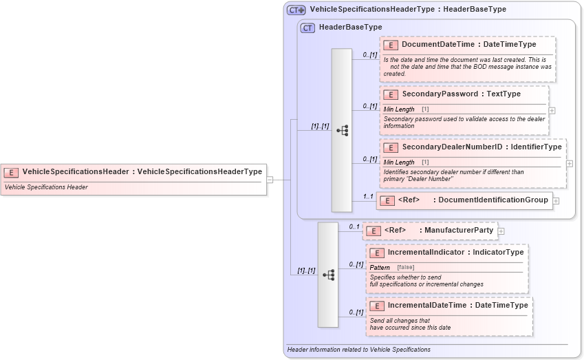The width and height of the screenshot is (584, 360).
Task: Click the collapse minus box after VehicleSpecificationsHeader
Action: coord(270,180)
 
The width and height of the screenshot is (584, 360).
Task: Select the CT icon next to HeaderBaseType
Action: coord(308,28)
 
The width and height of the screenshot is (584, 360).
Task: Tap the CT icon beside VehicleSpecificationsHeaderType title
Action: coord(296,10)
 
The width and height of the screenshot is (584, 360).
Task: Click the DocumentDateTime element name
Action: coord(437,44)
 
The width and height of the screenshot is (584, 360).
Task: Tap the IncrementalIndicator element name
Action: coord(426,252)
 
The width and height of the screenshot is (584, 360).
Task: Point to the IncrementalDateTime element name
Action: coord(428,305)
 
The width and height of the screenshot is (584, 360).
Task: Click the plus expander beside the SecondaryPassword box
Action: coord(552,110)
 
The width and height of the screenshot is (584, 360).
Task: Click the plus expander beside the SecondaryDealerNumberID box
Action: coord(570,164)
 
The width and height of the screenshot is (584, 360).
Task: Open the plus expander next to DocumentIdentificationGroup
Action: coord(556,201)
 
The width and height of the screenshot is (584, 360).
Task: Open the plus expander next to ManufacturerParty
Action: coord(501,231)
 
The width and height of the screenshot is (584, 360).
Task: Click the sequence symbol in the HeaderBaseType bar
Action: coord(342,130)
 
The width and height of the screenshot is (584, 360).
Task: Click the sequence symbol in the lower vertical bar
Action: coord(328,275)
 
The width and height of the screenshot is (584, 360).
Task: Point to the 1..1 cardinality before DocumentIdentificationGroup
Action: coord(368,196)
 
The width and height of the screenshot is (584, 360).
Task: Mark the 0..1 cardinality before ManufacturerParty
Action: coord(354,226)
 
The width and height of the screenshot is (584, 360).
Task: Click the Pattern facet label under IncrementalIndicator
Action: coord(380,267)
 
